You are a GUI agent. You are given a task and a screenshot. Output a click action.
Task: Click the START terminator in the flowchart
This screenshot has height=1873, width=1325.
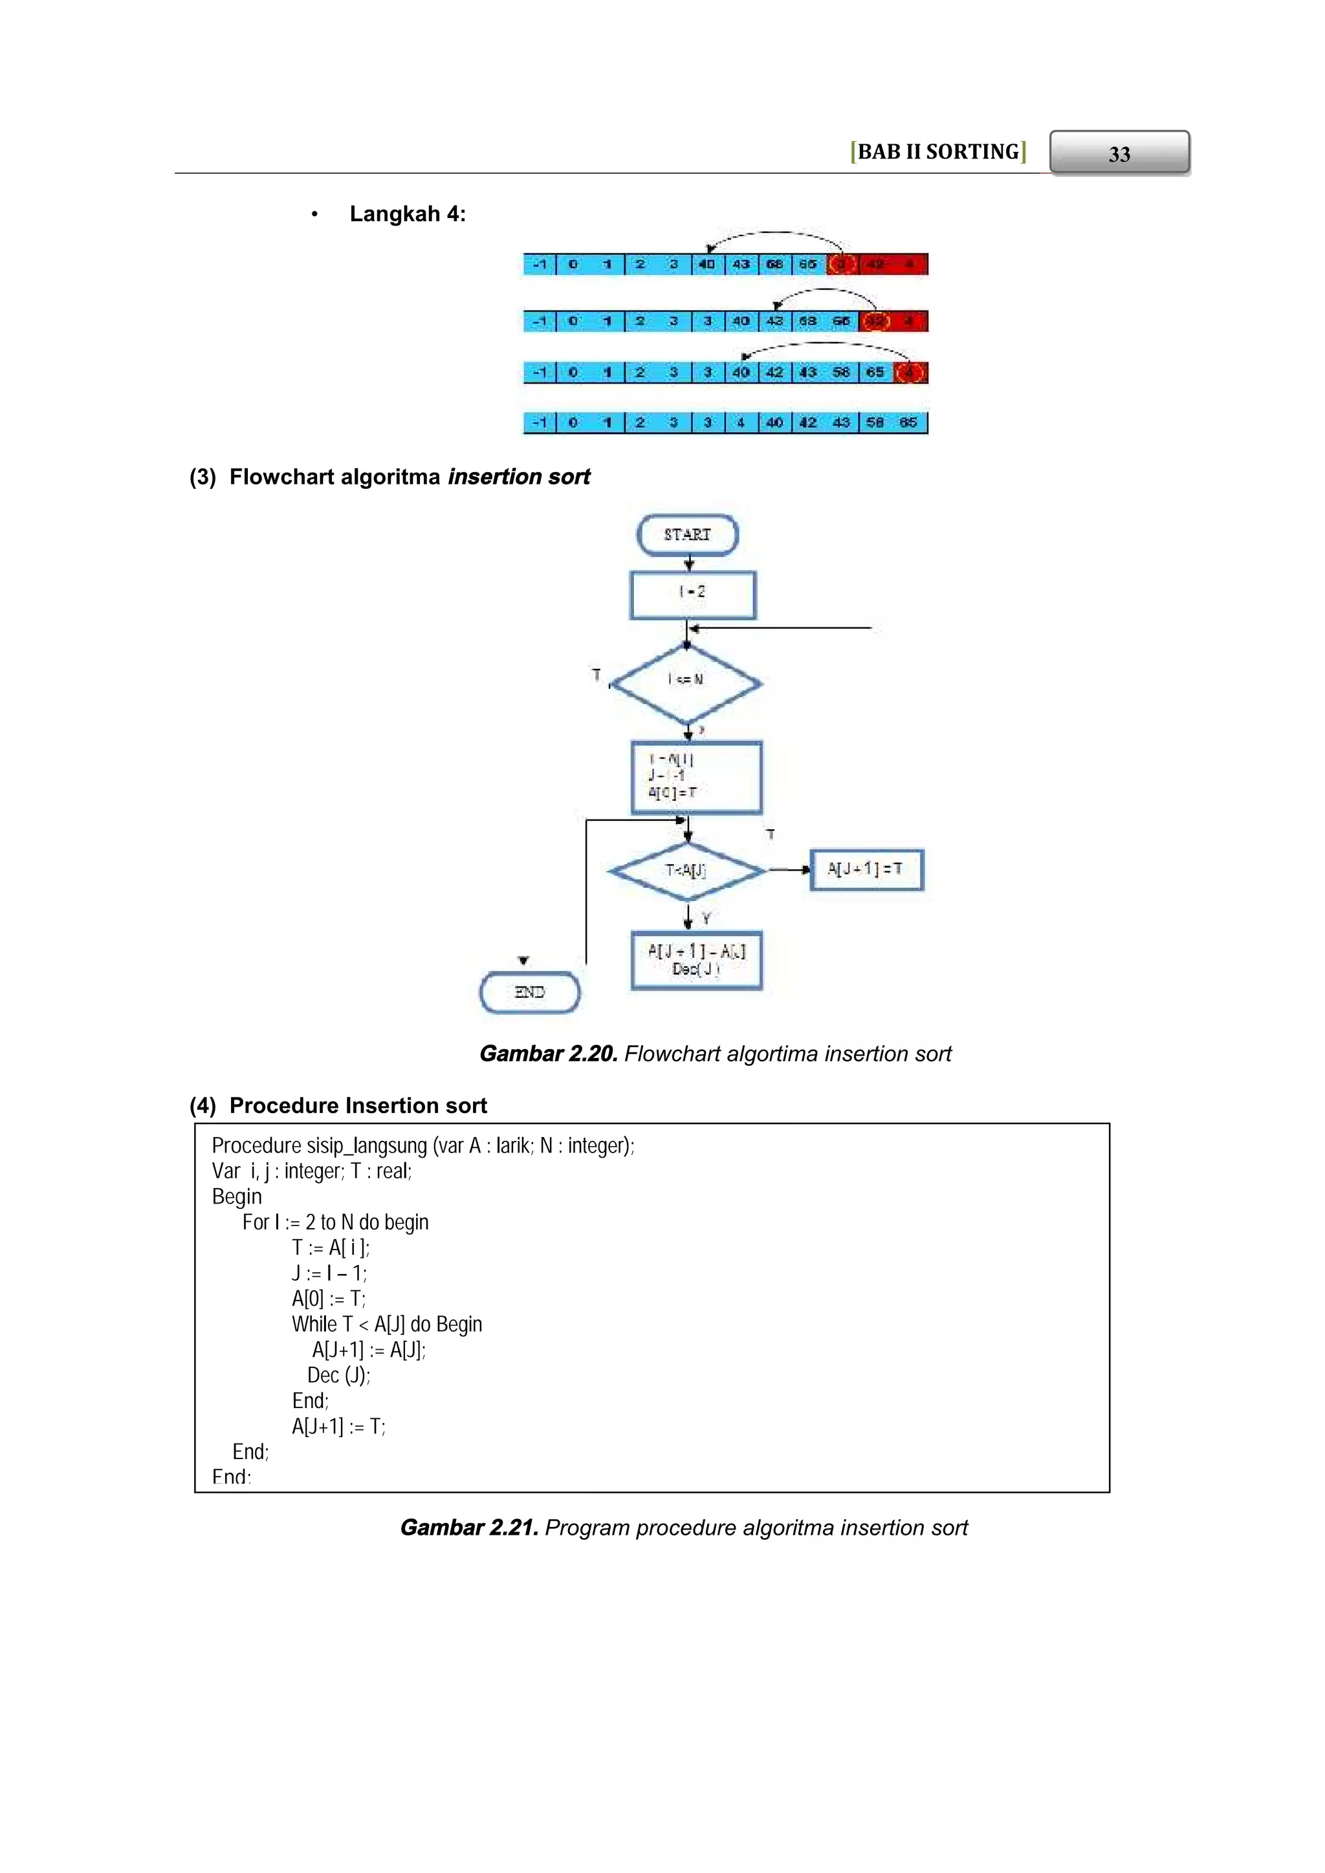687,535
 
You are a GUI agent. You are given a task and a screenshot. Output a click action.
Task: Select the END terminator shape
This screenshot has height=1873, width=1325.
529,992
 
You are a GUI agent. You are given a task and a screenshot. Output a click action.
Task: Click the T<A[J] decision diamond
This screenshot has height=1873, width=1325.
687,871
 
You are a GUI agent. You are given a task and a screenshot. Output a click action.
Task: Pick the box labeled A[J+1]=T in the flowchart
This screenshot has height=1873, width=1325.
866,870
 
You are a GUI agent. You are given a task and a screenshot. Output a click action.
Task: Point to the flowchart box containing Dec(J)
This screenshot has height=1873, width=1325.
696,960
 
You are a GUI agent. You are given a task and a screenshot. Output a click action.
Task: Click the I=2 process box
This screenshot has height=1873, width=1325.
693,595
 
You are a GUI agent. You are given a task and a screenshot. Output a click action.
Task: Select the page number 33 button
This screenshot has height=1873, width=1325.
1119,153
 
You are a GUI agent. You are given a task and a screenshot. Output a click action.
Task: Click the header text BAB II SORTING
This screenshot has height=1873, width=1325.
937,153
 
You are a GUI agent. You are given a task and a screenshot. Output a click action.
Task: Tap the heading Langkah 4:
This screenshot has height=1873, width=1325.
407,215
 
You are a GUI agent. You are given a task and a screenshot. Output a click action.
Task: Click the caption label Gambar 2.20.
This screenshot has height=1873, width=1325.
547,1054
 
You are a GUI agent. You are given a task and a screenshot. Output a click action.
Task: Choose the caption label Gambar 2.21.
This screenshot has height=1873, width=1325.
468,1528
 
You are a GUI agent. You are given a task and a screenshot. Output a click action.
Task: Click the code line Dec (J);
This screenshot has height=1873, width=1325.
338,1376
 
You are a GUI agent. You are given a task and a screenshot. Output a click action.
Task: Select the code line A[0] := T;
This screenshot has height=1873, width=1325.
329,1299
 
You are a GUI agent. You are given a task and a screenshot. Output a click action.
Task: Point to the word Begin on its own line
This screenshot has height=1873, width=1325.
237,1196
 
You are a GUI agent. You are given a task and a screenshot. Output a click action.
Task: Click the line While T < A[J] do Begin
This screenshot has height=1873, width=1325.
387,1324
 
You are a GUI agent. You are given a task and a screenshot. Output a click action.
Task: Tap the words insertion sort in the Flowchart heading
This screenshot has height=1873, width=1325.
519,477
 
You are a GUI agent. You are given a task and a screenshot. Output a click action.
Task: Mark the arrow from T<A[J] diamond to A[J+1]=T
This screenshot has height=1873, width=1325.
787,871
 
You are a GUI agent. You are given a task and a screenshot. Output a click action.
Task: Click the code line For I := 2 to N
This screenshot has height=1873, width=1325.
335,1222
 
